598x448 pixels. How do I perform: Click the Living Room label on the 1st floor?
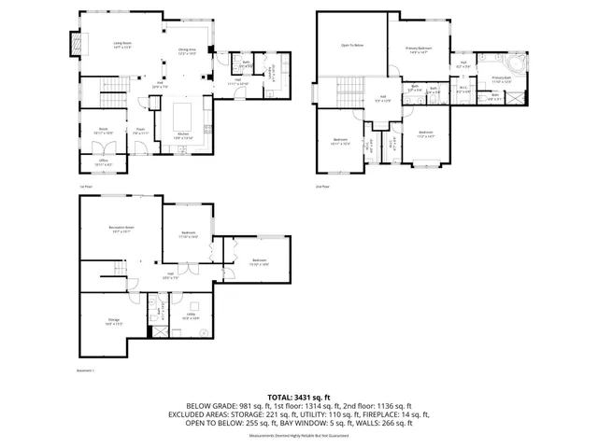coord(121,44)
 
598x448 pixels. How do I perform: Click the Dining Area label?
coord(187,50)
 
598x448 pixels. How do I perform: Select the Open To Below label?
coord(351,45)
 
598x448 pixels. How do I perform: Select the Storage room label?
coord(113,322)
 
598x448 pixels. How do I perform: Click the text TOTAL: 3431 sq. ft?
coord(299,398)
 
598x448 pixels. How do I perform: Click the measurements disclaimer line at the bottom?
coord(299,435)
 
